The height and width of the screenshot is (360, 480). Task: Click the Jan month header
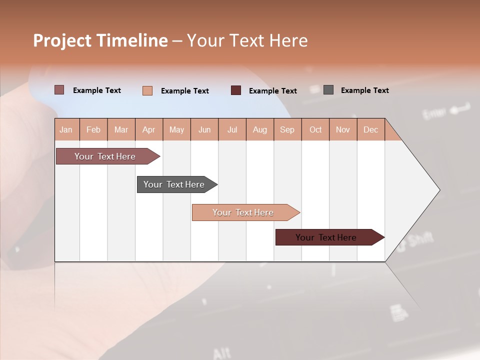[x=66, y=129]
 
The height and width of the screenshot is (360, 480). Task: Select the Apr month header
[x=148, y=129]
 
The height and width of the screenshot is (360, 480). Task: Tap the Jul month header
[x=232, y=129]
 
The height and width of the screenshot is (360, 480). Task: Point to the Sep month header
[x=287, y=129]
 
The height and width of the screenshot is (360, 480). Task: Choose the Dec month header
[x=370, y=129]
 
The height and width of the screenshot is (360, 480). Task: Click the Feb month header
[x=93, y=129]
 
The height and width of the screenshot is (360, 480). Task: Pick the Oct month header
[x=315, y=129]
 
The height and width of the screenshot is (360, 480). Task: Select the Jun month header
[x=204, y=129]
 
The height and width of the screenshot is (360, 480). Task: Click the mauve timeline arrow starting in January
[x=105, y=156]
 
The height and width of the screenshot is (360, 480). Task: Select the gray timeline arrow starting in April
[x=174, y=184]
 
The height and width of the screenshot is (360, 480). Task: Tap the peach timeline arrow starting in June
[x=243, y=212]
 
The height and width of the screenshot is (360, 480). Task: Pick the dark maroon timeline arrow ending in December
[x=326, y=237]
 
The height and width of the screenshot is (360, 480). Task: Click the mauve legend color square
[x=59, y=90]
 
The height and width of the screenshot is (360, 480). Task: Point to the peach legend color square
[x=147, y=90]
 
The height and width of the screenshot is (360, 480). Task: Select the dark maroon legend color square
[x=236, y=90]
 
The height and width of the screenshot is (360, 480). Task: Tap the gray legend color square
[x=328, y=90]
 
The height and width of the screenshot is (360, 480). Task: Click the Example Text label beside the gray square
[x=364, y=90]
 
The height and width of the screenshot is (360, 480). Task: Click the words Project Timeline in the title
[x=100, y=40]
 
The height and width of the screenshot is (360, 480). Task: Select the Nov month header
[x=342, y=129]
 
